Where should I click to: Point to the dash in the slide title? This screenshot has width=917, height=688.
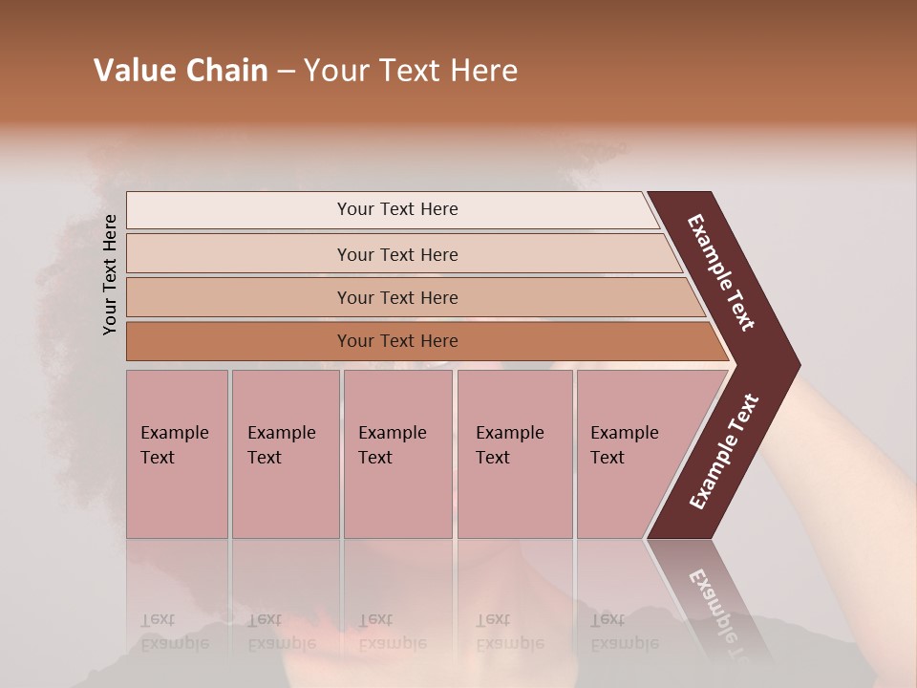point(286,72)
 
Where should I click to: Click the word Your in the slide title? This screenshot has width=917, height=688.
point(334,71)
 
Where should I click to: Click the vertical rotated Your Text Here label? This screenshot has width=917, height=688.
point(110,274)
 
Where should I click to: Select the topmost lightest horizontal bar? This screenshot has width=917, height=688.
point(396,209)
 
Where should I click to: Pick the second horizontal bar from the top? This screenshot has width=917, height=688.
point(396,254)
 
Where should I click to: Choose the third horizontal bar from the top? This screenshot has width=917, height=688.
point(396,297)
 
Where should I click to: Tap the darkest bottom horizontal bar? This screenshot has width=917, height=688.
point(396,341)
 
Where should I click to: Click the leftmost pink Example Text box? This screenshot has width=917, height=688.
point(177,454)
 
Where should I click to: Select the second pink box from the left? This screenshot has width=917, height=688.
point(286,454)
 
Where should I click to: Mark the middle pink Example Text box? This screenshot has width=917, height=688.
point(397,454)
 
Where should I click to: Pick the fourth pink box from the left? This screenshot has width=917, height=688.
point(515,454)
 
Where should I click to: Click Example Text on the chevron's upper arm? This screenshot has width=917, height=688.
point(721,272)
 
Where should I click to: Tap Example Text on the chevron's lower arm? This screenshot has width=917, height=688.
point(723,452)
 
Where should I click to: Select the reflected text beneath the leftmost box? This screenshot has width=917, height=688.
point(174,632)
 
